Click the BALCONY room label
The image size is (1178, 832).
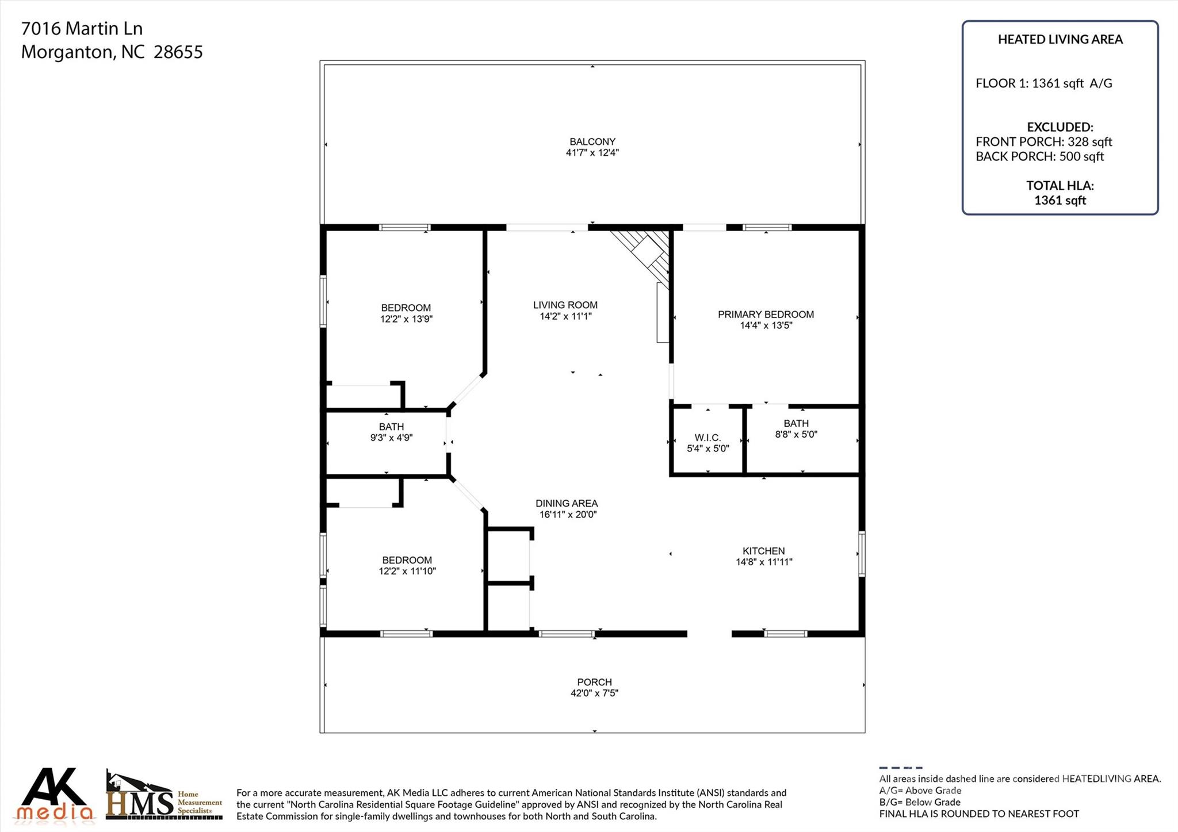592,141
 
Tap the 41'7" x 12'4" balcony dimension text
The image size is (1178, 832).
592,153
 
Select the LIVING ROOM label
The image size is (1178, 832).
565,305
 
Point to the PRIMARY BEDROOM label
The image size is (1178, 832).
766,315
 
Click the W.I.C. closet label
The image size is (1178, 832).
707,438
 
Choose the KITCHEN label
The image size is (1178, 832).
763,551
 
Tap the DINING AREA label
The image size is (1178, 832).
567,503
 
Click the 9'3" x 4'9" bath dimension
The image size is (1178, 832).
391,438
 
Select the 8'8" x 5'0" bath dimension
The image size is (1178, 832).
796,435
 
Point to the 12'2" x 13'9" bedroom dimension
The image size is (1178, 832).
406,319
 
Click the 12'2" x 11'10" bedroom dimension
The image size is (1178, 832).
407,572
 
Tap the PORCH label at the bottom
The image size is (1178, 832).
594,682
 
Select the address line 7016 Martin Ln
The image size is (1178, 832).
82,28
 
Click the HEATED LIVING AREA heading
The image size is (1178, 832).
1060,40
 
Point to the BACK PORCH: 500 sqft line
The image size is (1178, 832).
1039,156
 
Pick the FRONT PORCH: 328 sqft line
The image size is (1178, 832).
1043,141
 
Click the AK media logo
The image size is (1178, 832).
55,794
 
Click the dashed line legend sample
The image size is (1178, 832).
900,768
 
